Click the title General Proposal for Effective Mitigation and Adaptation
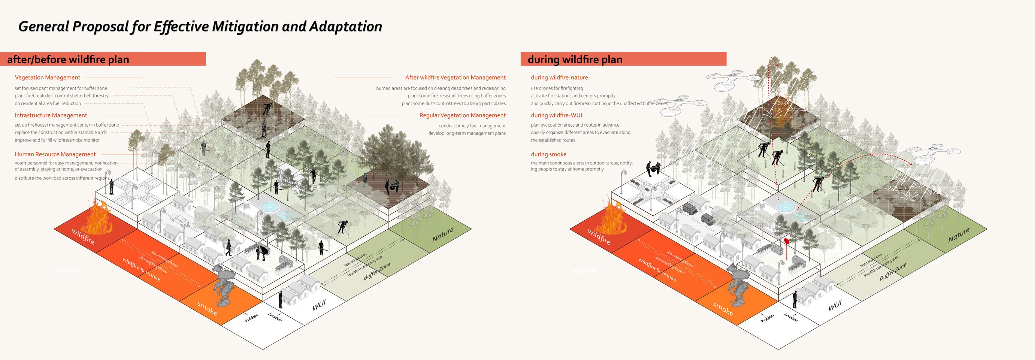[200, 27]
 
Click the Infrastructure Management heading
[51, 115]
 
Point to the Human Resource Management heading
[55, 154]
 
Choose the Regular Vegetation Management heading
[462, 115]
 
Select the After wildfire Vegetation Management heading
[455, 78]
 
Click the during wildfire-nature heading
[559, 78]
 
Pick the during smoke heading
[548, 154]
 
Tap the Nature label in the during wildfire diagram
[959, 235]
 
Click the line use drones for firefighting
[557, 88]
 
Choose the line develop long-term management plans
[466, 133]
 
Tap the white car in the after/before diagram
[178, 219]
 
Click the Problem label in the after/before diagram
[251, 318]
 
